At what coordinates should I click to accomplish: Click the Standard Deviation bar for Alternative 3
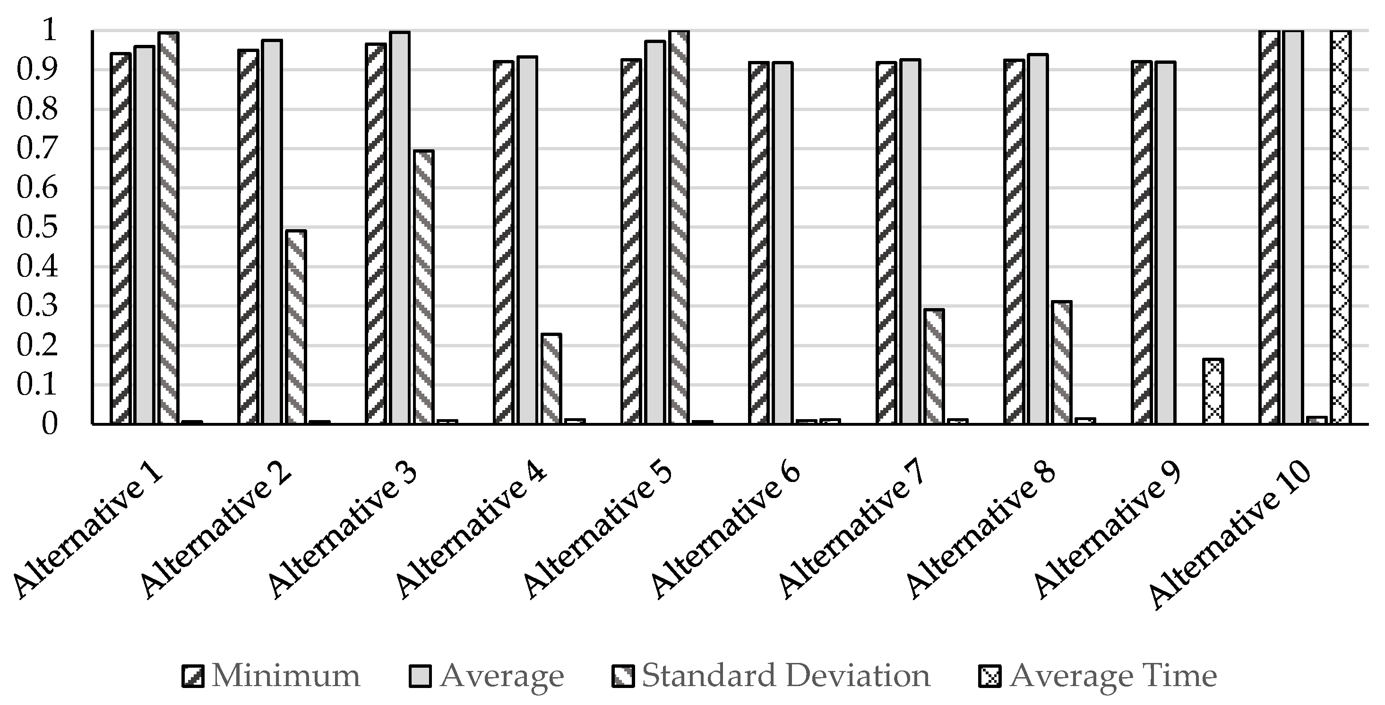click(424, 287)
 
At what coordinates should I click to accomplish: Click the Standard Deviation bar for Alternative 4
click(551, 378)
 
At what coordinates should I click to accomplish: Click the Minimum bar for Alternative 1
click(120, 239)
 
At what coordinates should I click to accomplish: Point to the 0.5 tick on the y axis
click(37, 227)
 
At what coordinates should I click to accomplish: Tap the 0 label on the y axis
click(49, 424)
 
